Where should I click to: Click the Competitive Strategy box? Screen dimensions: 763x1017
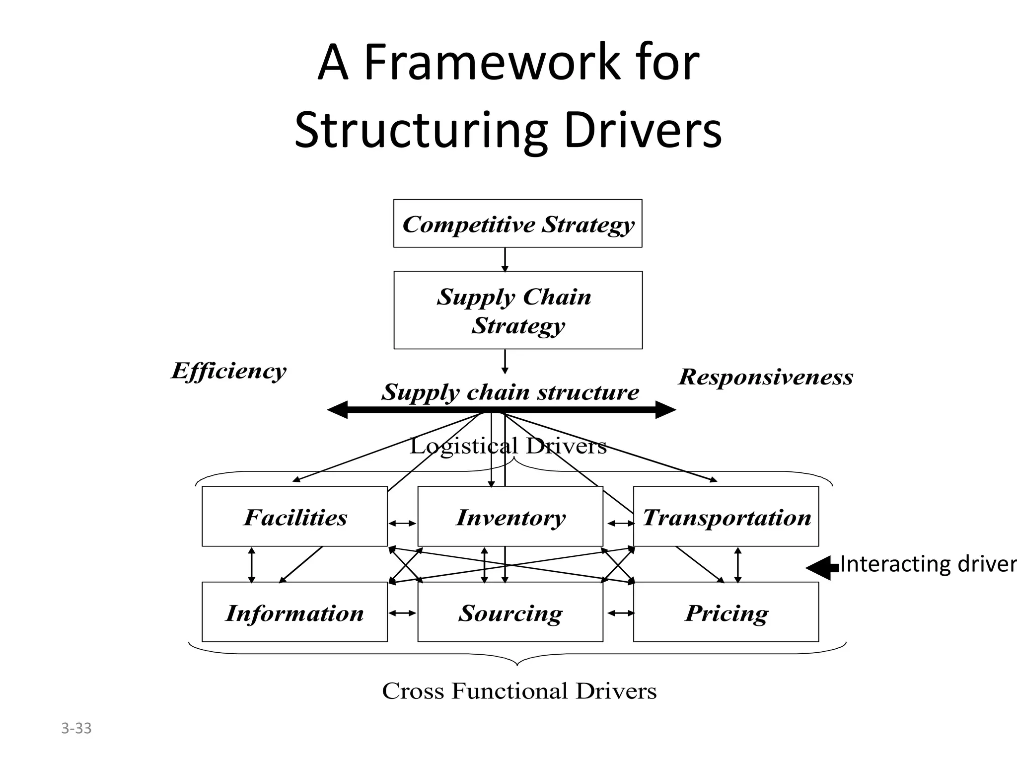click(517, 224)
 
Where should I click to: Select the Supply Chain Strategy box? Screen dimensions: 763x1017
click(517, 310)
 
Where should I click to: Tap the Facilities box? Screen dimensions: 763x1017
click(294, 517)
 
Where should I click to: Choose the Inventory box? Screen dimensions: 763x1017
click(510, 517)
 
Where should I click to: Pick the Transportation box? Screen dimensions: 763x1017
click(726, 517)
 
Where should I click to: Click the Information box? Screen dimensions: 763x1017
click(294, 612)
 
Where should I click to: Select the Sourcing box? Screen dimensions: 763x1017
click(510, 612)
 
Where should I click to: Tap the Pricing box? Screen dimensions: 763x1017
click(726, 612)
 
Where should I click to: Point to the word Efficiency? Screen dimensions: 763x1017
click(229, 371)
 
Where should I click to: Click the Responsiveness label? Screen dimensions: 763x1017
click(766, 377)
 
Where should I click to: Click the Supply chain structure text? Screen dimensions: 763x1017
click(510, 392)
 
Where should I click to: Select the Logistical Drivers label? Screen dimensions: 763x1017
click(508, 446)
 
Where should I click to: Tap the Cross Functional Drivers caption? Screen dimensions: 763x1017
click(519, 690)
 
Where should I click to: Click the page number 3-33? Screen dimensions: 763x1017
click(76, 728)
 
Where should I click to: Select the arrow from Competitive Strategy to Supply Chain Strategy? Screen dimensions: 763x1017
click(505, 259)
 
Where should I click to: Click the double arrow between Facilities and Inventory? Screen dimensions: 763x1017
click(402, 523)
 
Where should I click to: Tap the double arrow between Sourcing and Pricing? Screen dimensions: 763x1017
click(621, 613)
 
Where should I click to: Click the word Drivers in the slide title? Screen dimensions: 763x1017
click(643, 131)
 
